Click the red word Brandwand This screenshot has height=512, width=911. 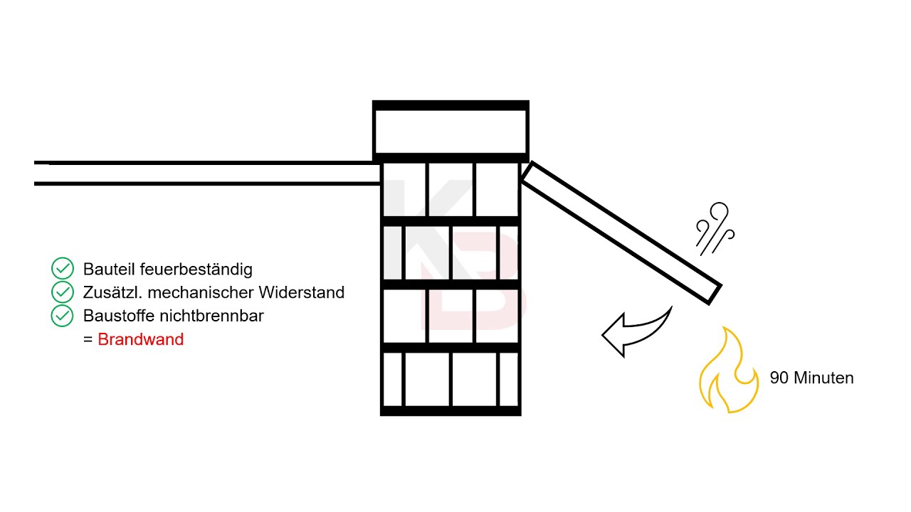[x=141, y=339]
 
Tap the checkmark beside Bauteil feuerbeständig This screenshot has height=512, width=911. [x=63, y=269]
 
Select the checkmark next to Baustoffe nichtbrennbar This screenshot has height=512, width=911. [x=63, y=316]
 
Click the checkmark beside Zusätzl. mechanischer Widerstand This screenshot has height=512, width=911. [x=63, y=292]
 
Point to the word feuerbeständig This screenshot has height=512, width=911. [x=196, y=270]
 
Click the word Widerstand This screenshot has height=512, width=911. [x=301, y=292]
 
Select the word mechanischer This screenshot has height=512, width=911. [x=201, y=292]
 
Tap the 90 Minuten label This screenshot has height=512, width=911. [x=812, y=378]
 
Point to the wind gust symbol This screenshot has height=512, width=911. [x=715, y=229]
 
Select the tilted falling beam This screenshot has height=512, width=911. [x=622, y=233]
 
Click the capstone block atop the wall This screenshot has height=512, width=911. [x=451, y=132]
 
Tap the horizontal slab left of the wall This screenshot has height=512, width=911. [x=207, y=174]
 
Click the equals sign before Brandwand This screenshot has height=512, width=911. [x=88, y=340]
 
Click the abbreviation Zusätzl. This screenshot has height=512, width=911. [x=112, y=292]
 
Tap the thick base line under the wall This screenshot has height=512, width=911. [x=451, y=411]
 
